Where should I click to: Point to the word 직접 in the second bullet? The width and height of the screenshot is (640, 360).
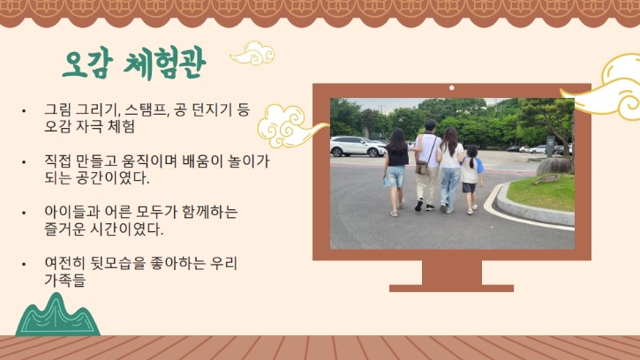tap(59, 162)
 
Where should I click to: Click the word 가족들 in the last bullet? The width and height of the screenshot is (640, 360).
tap(67, 280)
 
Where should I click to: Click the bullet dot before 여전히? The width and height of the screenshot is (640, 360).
tap(25, 264)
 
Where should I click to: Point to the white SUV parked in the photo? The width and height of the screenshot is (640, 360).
tap(357, 146)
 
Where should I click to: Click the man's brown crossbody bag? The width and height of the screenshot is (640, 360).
tap(423, 168)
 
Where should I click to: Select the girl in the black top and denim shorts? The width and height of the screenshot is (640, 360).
tap(396, 171)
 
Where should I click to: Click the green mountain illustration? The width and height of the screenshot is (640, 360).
tap(57, 317)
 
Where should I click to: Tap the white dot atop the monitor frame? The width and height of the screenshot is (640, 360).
tap(452, 88)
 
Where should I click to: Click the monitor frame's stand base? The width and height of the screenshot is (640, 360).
tap(451, 287)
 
